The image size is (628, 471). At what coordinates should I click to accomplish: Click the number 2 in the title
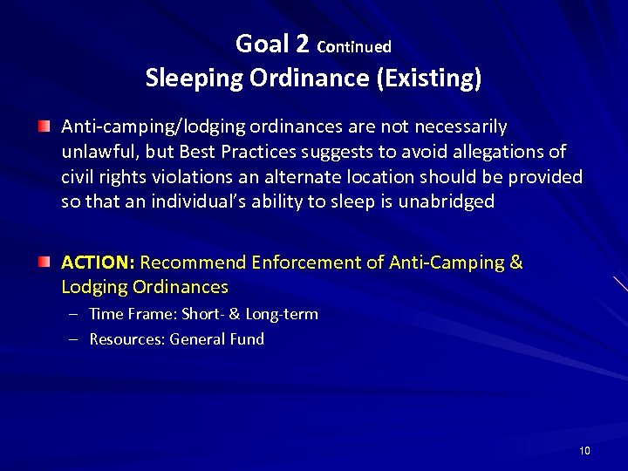tap(303, 44)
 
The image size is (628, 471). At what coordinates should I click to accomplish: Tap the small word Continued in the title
tap(354, 46)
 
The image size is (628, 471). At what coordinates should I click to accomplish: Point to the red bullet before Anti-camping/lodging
tap(44, 127)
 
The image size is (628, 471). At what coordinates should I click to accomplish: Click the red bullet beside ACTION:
tap(44, 262)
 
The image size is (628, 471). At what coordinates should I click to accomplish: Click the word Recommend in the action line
tap(193, 263)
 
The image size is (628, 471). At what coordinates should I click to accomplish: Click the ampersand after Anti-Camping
tap(515, 263)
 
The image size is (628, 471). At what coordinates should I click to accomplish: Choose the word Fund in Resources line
tap(248, 339)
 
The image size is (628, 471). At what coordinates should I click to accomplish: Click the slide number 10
tap(584, 451)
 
